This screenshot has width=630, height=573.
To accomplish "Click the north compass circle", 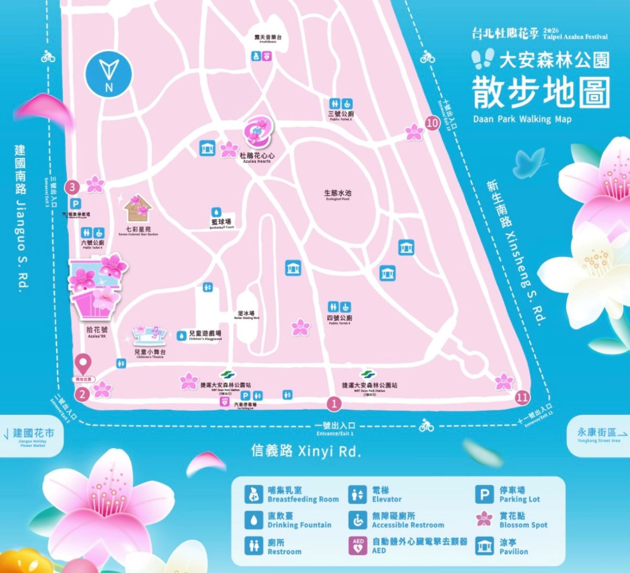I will click(x=109, y=74).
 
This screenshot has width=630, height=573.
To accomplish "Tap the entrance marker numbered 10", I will click(x=433, y=124).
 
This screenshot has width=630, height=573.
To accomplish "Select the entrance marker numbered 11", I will click(x=522, y=397).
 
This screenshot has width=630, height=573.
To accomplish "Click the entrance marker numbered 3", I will click(x=72, y=186).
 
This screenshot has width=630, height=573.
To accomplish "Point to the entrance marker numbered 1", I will click(x=333, y=403).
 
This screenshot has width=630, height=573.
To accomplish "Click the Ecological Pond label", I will click(x=337, y=194).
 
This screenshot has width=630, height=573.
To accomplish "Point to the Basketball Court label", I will click(x=221, y=223).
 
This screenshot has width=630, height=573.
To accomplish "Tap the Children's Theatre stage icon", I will click(x=151, y=335).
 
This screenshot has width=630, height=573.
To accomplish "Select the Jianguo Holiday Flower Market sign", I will click(x=33, y=436).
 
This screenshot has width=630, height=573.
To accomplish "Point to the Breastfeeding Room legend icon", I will click(x=253, y=494).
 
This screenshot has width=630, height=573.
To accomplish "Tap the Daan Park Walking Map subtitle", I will click(x=522, y=119).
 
